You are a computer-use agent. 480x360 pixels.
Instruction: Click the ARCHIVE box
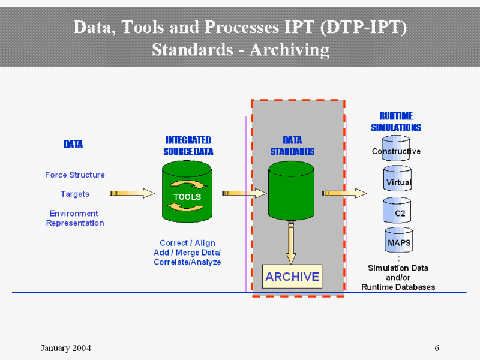[292, 277]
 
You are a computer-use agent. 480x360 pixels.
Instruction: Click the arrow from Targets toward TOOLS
[132, 193]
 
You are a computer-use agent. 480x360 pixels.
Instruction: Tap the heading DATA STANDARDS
[292, 146]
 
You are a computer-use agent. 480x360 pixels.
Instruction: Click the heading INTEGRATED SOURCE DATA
[188, 146]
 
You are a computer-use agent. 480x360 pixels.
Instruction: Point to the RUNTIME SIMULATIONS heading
[396, 122]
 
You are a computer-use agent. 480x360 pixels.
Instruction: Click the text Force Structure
[75, 175]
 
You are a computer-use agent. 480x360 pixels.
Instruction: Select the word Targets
[75, 194]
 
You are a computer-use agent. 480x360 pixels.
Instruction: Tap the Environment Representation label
[75, 218]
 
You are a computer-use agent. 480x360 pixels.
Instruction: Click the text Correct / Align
[187, 243]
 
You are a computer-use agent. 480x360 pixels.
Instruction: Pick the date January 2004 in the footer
[66, 349]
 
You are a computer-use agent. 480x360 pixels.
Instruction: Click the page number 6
[437, 349]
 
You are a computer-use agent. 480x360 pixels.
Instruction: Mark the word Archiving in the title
[290, 49]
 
